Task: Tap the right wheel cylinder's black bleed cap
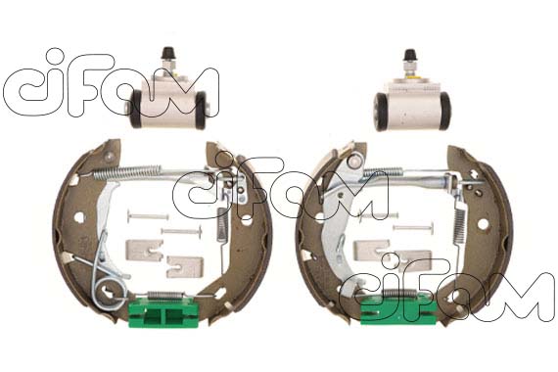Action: [x=410, y=55]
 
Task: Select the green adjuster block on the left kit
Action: [x=163, y=312]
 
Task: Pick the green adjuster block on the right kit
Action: [x=398, y=309]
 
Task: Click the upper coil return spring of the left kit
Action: [x=127, y=172]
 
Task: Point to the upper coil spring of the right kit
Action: [x=384, y=172]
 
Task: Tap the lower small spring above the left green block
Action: [x=165, y=295]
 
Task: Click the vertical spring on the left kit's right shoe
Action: [x=222, y=224]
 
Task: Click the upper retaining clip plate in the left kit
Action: [x=145, y=251]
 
